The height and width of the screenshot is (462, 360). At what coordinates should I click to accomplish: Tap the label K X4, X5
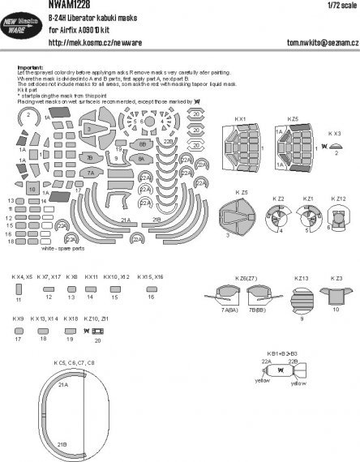pos(22,276)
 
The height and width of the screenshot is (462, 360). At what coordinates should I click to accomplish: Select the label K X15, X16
pos(150,276)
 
